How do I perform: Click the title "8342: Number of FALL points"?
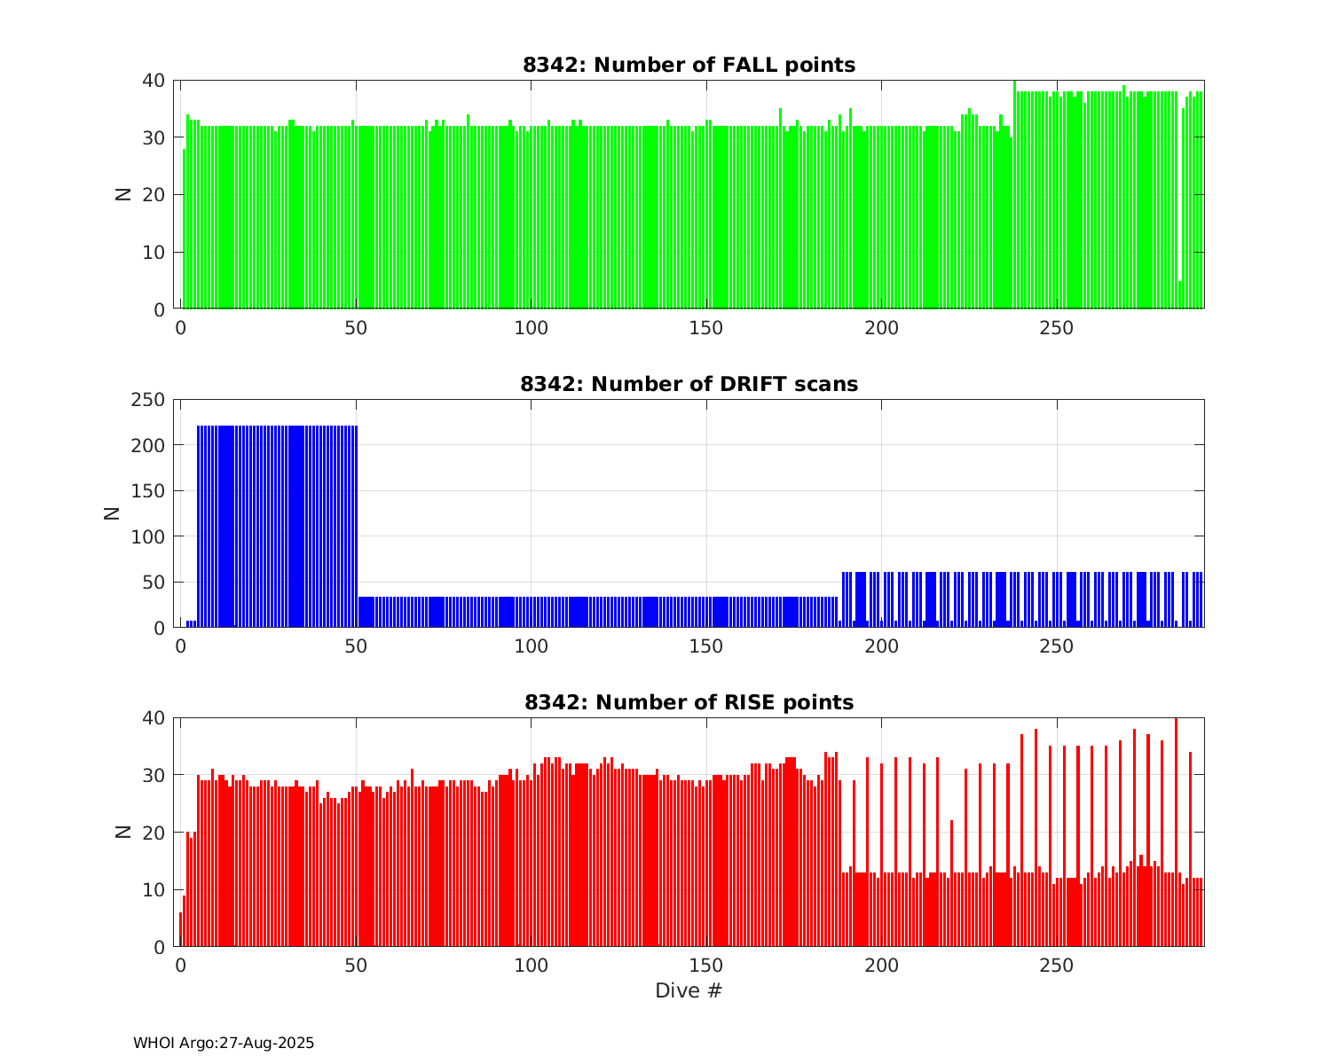[689, 65]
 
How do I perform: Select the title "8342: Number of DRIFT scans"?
[689, 384]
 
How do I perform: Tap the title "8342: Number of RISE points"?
[689, 703]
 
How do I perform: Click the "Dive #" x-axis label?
[689, 990]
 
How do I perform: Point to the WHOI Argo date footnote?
[224, 1044]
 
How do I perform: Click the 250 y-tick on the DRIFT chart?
[148, 400]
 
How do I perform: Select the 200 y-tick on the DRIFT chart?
[148, 445]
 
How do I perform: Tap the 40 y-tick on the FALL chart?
[154, 81]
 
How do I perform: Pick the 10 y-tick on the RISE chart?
[154, 890]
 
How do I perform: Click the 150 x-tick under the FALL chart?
[706, 327]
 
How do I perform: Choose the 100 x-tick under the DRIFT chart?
[531, 645]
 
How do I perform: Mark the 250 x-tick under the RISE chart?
[1057, 965]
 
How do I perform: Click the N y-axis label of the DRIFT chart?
[113, 512]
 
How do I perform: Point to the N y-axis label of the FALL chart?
[123, 194]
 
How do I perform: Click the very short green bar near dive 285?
[1179, 295]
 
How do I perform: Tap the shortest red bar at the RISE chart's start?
[180, 930]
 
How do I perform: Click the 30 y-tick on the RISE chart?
[154, 776]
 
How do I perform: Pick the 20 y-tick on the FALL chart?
[154, 195]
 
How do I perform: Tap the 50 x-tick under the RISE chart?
[356, 965]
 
